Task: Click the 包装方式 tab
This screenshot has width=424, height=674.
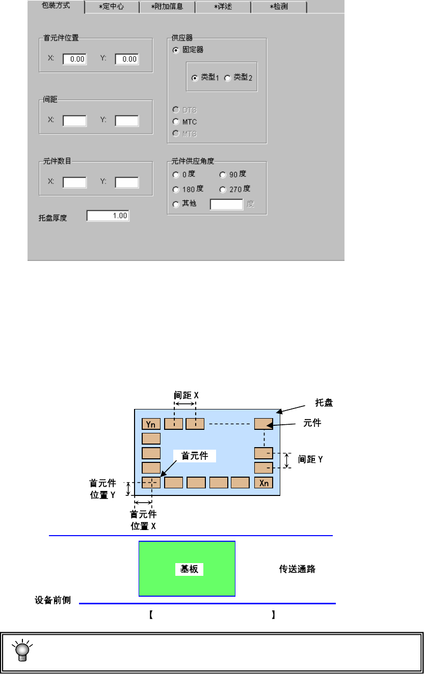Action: pyautogui.click(x=56, y=7)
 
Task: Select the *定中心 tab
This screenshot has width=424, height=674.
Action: pyautogui.click(x=111, y=7)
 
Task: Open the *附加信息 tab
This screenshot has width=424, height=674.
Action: pyautogui.click(x=167, y=7)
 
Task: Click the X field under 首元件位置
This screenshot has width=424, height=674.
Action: pyautogui.click(x=74, y=59)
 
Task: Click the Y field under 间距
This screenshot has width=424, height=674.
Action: pyautogui.click(x=126, y=121)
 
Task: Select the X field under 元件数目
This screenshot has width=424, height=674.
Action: pyautogui.click(x=74, y=182)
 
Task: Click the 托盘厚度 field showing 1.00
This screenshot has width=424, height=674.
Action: pyautogui.click(x=108, y=216)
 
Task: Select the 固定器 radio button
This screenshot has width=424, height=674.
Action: pyautogui.click(x=176, y=50)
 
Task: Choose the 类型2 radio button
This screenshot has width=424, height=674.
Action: pyautogui.click(x=227, y=78)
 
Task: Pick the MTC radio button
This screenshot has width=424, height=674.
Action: pyautogui.click(x=176, y=122)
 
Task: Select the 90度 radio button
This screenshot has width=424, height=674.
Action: pyautogui.click(x=223, y=175)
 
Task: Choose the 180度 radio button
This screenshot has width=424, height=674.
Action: pyautogui.click(x=176, y=189)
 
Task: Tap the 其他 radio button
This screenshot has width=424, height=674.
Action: pyautogui.click(x=176, y=204)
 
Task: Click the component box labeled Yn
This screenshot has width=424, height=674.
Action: pyautogui.click(x=151, y=424)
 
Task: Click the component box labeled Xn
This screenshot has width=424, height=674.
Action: pyautogui.click(x=263, y=483)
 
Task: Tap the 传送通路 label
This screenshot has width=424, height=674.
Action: pyautogui.click(x=297, y=569)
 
